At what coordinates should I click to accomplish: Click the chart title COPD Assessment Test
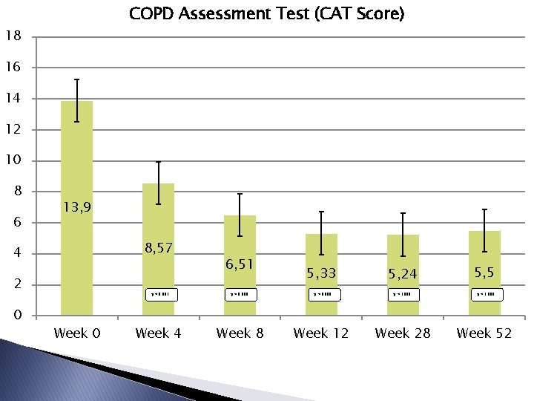[266, 14]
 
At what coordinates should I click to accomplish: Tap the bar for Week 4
[158, 223]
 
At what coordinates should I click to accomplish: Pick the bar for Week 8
[240, 238]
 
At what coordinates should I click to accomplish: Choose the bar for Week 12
[321, 252]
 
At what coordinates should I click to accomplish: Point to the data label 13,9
[77, 207]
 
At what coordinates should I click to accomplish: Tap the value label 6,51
[240, 264]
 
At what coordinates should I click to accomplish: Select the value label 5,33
[321, 273]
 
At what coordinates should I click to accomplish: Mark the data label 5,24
[403, 274]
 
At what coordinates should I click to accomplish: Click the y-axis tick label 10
[13, 161]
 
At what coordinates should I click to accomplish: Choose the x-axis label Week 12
[321, 333]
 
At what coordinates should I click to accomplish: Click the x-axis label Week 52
[484, 333]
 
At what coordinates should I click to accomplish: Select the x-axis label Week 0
[77, 333]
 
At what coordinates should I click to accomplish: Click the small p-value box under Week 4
[161, 294]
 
